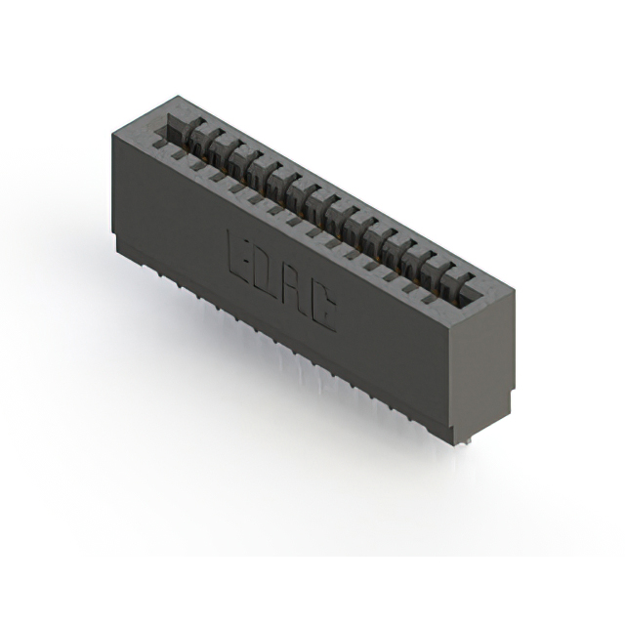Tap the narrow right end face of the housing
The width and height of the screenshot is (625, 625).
482,366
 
